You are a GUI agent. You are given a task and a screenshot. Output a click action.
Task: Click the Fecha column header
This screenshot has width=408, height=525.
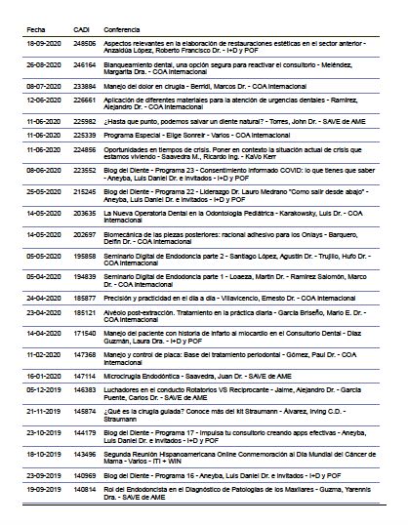pos(36,30)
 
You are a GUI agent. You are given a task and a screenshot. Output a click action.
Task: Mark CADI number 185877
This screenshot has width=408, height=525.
pos(86,294)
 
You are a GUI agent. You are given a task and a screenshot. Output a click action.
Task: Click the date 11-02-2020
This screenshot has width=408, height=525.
pos(44,355)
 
